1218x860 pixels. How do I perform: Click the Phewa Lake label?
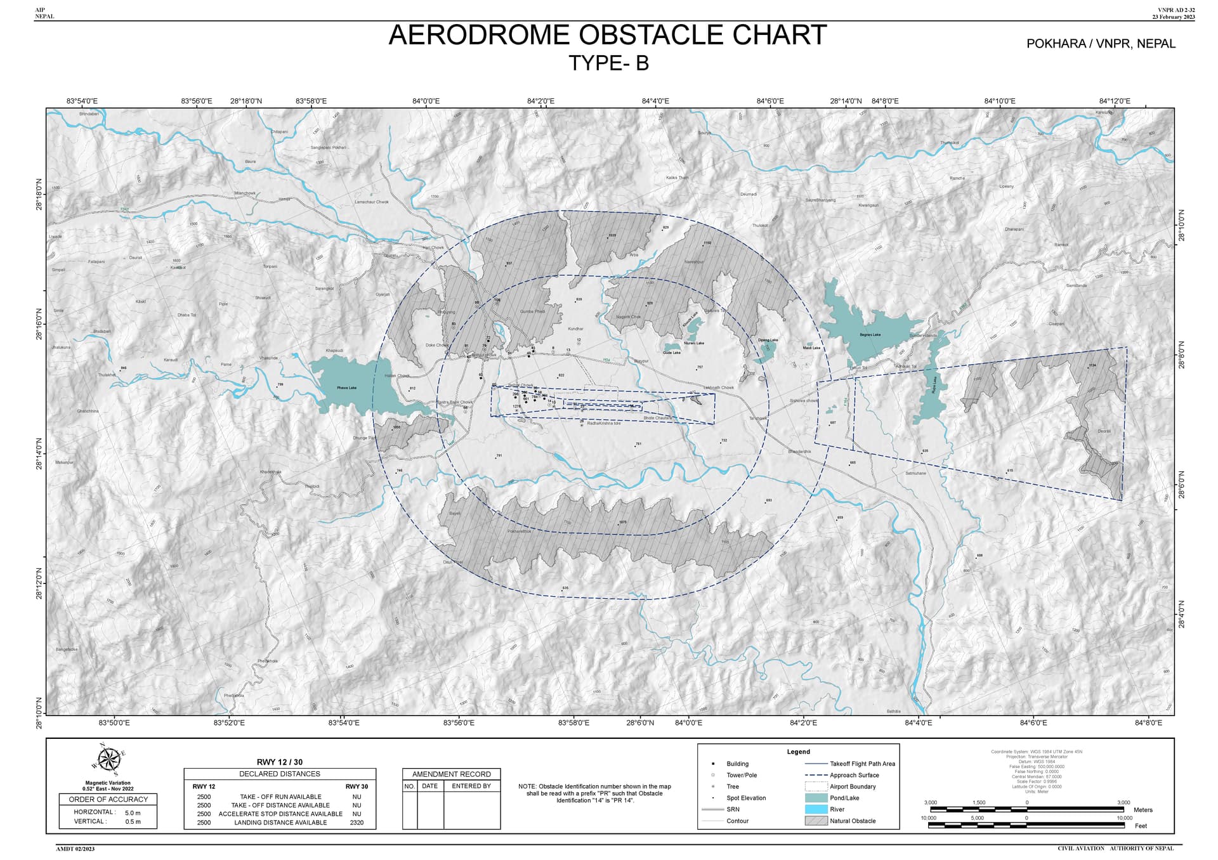(346, 388)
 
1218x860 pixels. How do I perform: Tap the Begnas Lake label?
(870, 334)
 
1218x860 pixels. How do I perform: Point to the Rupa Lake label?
(934, 385)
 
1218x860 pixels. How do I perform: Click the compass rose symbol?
(108, 759)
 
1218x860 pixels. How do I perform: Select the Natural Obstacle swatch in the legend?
(816, 821)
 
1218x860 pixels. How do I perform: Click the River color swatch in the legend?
(816, 809)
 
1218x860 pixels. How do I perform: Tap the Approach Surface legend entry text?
(855, 775)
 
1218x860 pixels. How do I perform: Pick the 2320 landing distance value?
(357, 823)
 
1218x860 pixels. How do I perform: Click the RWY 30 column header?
(357, 786)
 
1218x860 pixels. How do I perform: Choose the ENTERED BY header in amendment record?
(471, 786)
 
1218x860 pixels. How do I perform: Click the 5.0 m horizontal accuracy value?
(133, 812)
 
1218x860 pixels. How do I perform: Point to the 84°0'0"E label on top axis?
(426, 101)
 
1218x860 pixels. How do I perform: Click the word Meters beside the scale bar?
(1143, 810)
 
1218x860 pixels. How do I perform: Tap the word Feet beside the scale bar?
(1141, 826)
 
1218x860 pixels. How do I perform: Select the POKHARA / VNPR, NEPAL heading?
(1101, 44)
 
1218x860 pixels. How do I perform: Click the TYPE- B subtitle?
(608, 63)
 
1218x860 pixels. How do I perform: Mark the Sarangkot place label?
(324, 289)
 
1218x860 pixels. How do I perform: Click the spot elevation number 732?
(724, 440)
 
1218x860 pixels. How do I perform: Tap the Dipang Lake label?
(768, 340)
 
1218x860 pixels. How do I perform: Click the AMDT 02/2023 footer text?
(75, 849)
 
